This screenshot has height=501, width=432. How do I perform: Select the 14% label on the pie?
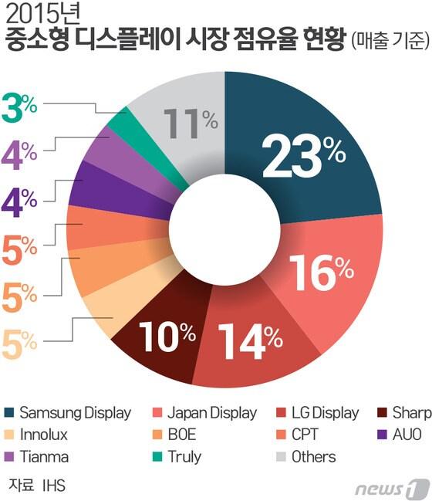[250, 337]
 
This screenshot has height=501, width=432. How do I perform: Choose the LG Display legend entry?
[324, 412]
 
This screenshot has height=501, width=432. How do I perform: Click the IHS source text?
[54, 486]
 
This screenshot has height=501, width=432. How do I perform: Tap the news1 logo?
[393, 488]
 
